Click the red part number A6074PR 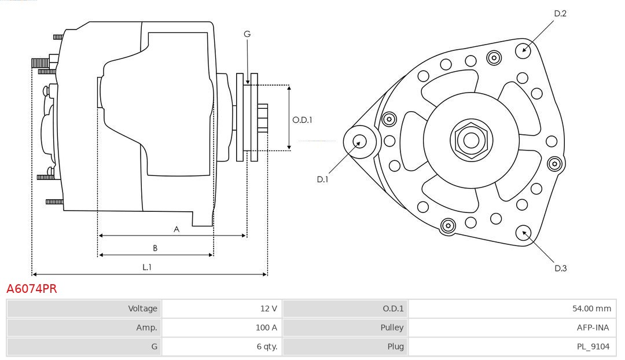tap(32, 289)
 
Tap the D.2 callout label tap(560, 13)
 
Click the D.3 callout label tap(560, 268)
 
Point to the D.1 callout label tap(322, 179)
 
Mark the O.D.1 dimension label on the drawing tap(302, 120)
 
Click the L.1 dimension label tap(147, 267)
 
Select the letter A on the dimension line tap(177, 229)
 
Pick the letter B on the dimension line tap(155, 248)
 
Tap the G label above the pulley tap(247, 34)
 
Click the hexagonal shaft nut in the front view tap(471, 140)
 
